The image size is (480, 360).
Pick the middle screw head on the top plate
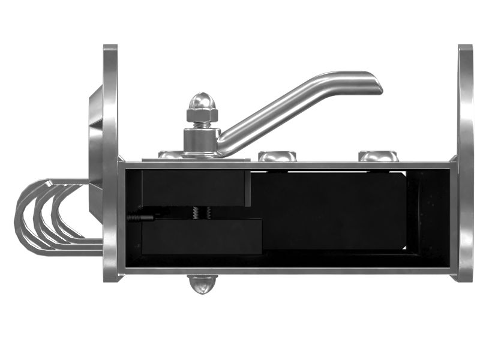pos(277,156)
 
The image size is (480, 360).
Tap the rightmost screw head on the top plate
pos(378,156)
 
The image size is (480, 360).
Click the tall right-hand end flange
pos(465,162)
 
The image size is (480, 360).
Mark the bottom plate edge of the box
pos(288,271)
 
